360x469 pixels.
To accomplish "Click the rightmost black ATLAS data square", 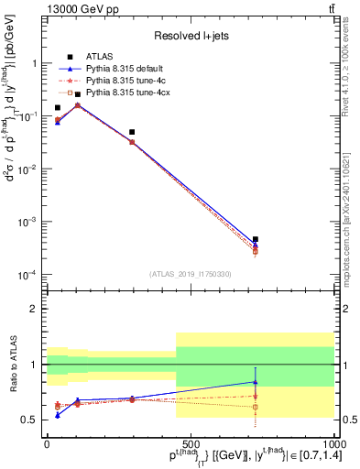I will click(256, 239).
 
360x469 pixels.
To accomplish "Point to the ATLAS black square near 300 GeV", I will click(132, 132).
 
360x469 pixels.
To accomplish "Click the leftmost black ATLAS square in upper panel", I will click(58, 107).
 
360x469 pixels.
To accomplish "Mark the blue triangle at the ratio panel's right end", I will click(256, 382).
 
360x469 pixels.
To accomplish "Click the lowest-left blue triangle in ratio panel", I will click(58, 415).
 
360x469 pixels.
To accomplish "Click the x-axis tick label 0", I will click(48, 442).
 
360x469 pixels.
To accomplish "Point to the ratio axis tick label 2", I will click(35, 309).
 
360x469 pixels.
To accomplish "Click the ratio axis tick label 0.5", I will click(30, 420).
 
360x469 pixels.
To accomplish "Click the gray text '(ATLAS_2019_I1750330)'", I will click(191, 274).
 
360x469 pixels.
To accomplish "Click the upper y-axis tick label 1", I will click(35, 64).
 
